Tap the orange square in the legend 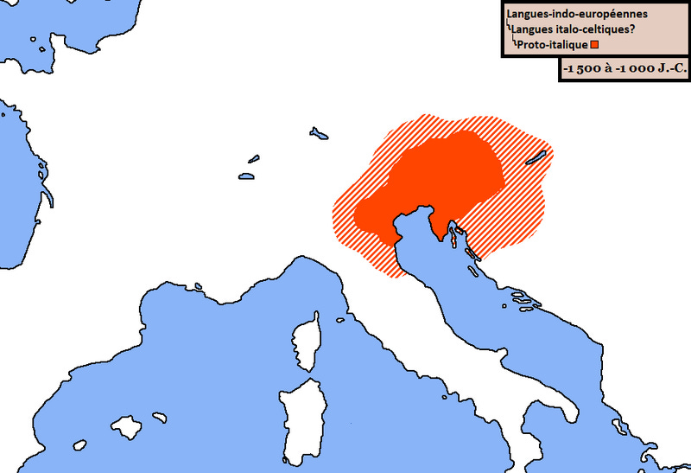coord(594,44)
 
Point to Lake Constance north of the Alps coord(320,133)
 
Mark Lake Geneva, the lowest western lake coord(245,176)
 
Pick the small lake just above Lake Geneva coord(253,159)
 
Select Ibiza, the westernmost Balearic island coord(80,445)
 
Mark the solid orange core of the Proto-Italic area coord(441,182)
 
